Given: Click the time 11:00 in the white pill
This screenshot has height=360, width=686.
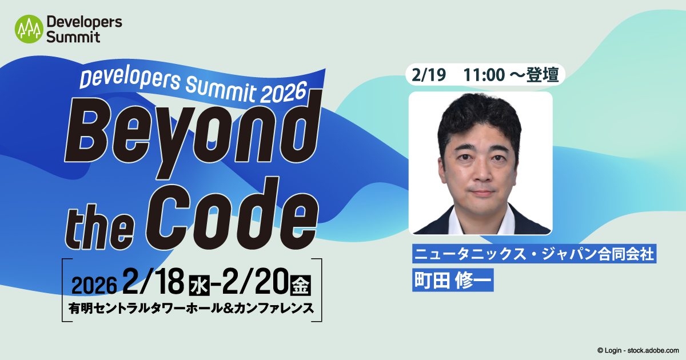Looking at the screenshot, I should (483, 75).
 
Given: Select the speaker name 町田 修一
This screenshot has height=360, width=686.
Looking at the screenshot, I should (452, 281).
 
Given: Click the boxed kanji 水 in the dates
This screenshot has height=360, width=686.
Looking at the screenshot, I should (197, 283).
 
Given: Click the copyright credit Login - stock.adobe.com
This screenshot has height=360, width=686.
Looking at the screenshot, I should (637, 350).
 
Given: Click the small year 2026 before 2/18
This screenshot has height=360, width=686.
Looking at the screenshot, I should (94, 284).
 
